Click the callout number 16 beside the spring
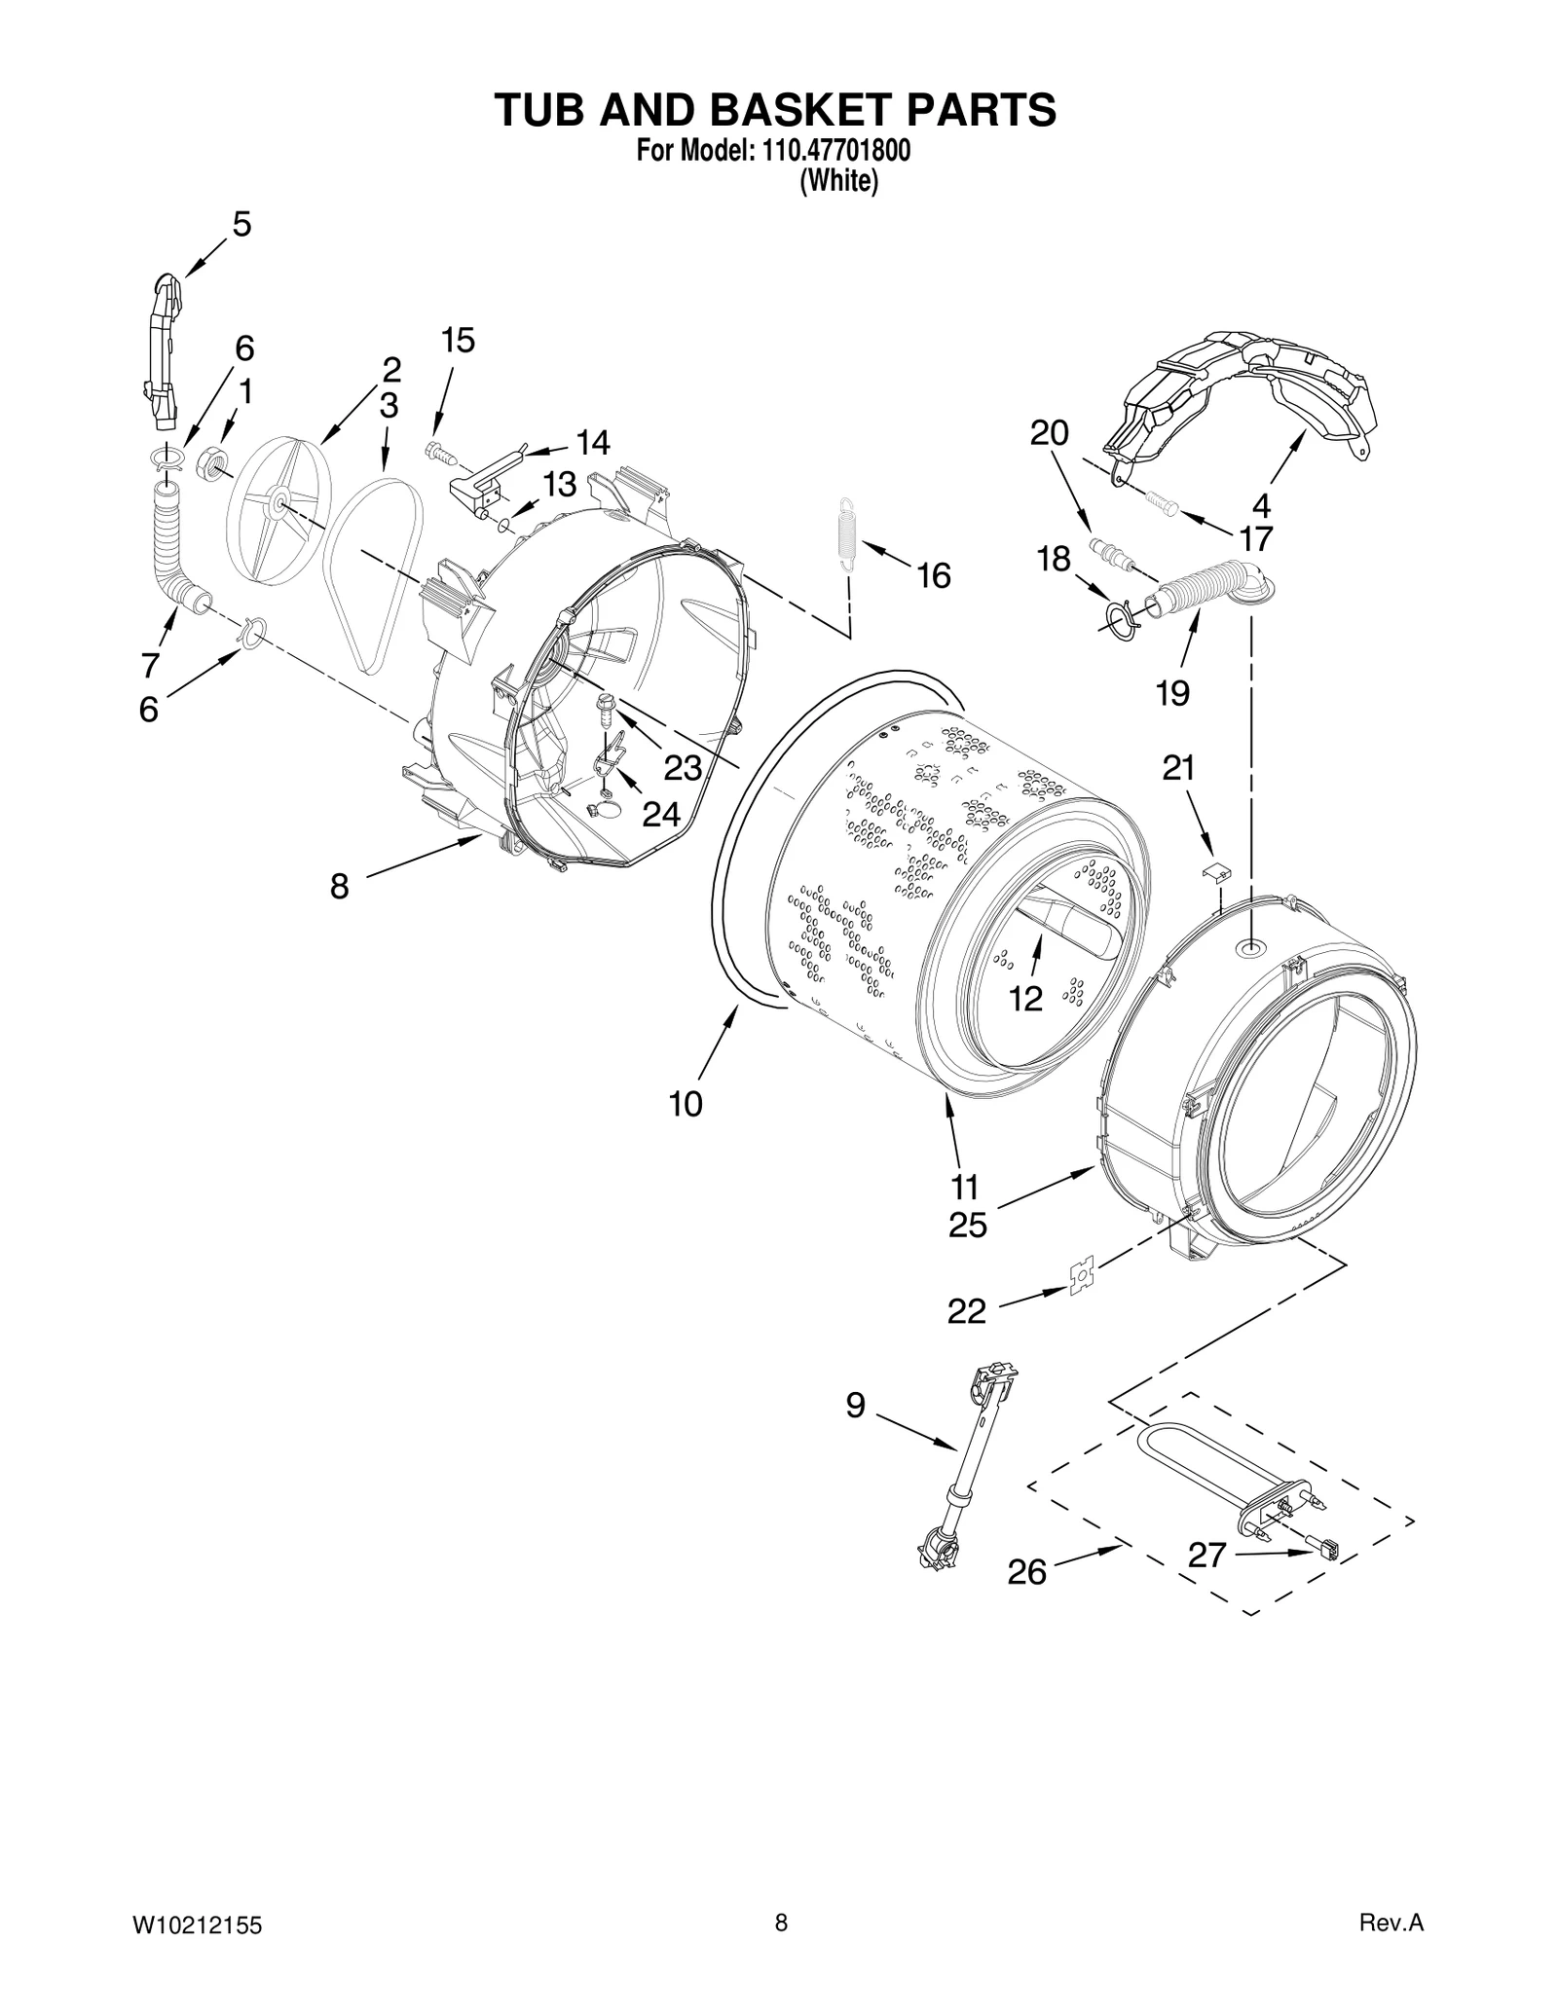point(933,576)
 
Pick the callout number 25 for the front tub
point(968,1225)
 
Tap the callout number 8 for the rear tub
point(339,886)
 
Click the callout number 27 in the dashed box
point(1206,1556)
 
